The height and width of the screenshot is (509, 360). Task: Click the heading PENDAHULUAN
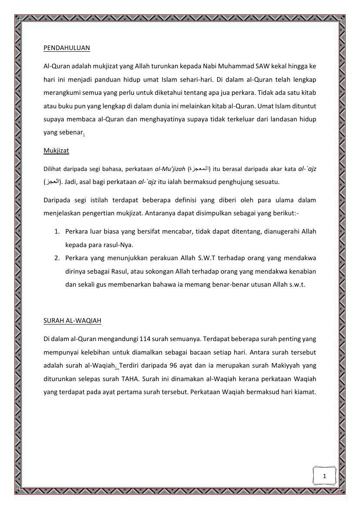click(67, 48)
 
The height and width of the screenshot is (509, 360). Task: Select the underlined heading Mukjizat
click(56, 151)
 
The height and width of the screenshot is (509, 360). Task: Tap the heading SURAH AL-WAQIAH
click(72, 321)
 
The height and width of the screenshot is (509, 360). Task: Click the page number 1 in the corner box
click(324, 476)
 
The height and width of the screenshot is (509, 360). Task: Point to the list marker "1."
click(57, 231)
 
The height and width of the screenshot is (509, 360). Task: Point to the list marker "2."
click(57, 258)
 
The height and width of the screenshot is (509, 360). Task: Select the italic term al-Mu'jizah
click(170, 169)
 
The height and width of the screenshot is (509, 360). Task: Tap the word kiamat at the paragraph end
click(305, 392)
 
